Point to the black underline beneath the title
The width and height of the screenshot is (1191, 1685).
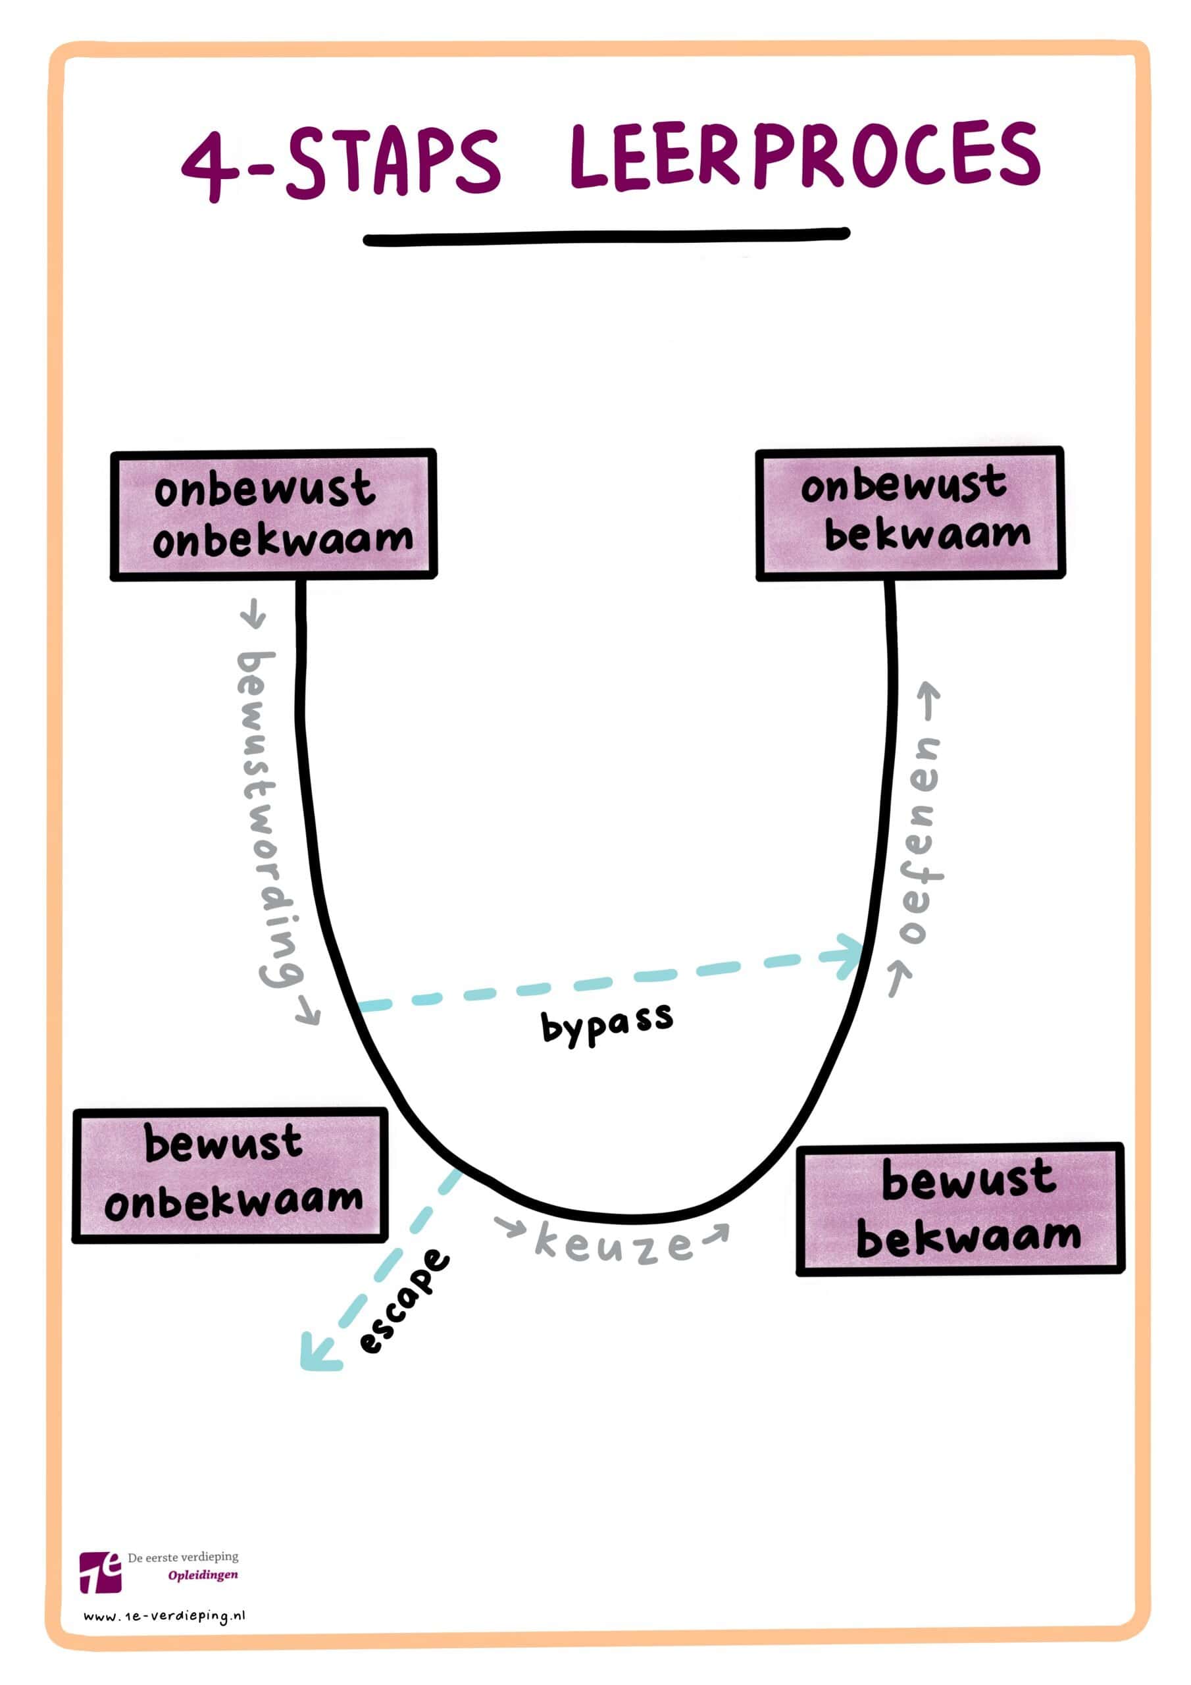(x=606, y=237)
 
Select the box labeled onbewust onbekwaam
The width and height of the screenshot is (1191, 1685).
(x=273, y=515)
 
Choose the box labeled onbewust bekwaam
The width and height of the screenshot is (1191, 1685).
(x=910, y=513)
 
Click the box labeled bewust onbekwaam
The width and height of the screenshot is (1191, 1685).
(x=230, y=1175)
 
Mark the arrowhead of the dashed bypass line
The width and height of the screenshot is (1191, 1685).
(x=849, y=954)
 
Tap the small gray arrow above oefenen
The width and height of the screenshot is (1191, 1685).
(x=930, y=700)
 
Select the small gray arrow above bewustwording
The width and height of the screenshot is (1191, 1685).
(x=253, y=612)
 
